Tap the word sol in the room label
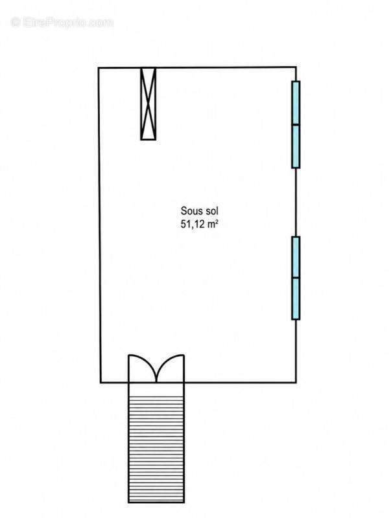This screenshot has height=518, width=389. point(211,211)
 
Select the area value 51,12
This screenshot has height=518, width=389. point(192,224)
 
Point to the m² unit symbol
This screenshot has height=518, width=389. point(213,224)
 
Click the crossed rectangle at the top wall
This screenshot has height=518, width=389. point(148,104)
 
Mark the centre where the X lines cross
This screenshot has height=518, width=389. point(148,104)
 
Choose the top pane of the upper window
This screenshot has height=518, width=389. point(296,102)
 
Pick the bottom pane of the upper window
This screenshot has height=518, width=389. point(296,146)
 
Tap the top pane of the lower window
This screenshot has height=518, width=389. point(296,256)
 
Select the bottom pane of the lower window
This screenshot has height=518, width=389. point(296,298)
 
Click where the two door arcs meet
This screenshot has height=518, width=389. point(156,381)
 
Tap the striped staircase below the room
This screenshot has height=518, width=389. point(156,443)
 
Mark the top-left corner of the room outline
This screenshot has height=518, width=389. point(99,68)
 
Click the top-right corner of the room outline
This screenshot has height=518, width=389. point(296,67)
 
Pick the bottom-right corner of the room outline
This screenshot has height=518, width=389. point(296,382)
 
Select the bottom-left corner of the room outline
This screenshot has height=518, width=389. point(100,383)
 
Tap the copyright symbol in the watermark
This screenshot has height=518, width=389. point(16,23)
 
